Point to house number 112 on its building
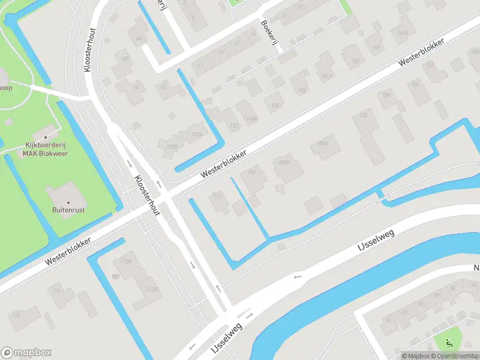[x=217, y=197]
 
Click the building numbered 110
[x=251, y=173]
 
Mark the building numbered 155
[x=276, y=106]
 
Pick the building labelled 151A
[x=326, y=76]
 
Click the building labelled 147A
[x=402, y=33]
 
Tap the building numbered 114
[x=56, y=290]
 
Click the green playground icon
[x=449, y=343]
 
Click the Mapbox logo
[x=26, y=353]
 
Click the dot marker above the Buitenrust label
[x=67, y=202]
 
